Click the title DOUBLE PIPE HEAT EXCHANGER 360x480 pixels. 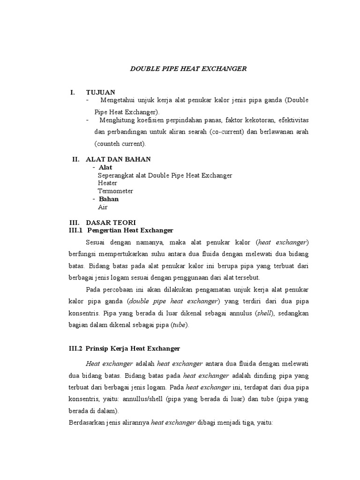[x=187, y=69]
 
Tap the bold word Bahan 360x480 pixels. [x=108, y=199]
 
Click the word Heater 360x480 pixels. [x=107, y=183]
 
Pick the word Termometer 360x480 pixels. [x=115, y=191]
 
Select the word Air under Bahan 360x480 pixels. [x=103, y=207]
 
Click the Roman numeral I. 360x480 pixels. [x=73, y=92]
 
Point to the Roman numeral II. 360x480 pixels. [x=75, y=159]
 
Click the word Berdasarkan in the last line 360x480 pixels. [x=88, y=422]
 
